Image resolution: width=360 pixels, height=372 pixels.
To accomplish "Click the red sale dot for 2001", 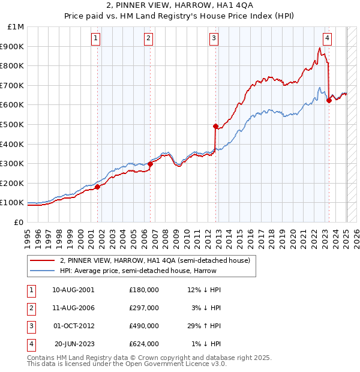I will [97, 187].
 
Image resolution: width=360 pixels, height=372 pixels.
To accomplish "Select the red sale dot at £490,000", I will [215, 126].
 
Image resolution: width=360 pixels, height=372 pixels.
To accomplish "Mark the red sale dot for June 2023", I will [329, 100].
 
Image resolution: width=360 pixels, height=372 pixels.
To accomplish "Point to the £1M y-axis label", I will [16, 26].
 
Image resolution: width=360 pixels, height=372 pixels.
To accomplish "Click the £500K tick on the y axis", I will [13, 124].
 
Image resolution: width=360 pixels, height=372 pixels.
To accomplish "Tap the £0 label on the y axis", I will [19, 222].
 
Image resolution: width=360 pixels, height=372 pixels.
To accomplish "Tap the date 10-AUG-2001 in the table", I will [73, 290].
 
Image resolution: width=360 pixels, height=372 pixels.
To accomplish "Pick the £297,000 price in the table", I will [144, 308].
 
